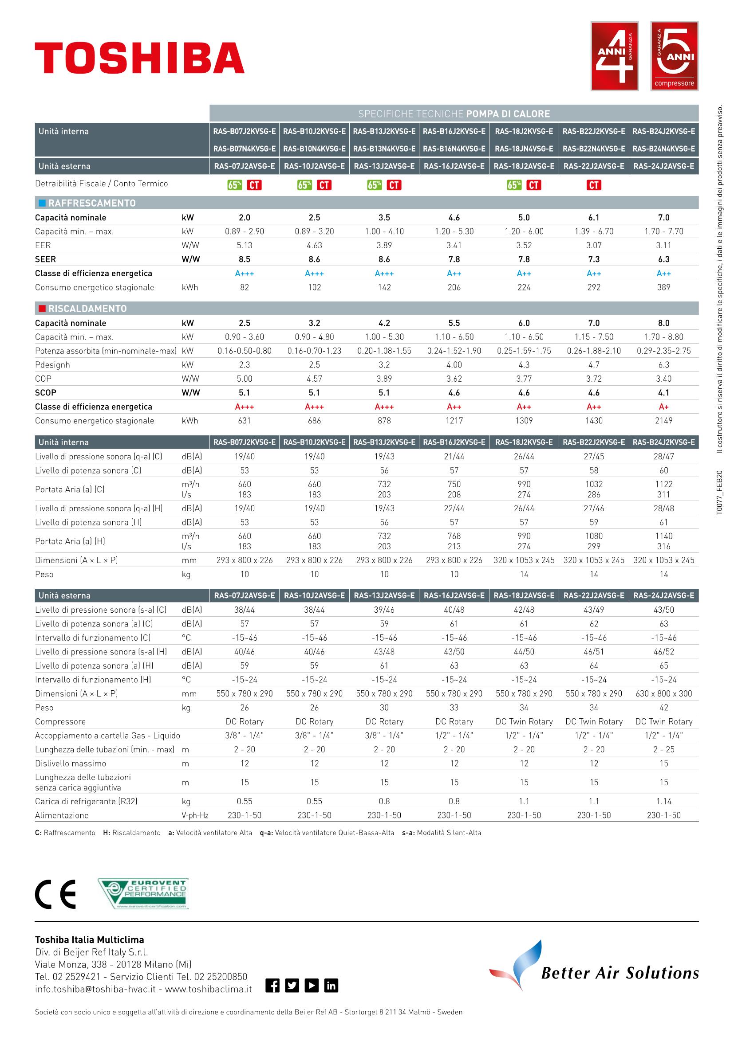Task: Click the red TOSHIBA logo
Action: (140, 58)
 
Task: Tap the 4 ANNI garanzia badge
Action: (614, 56)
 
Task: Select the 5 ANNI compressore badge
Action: (675, 56)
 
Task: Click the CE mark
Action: (55, 894)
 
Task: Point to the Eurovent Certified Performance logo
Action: (143, 893)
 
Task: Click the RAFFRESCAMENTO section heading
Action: (92, 203)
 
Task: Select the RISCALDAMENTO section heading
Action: (88, 309)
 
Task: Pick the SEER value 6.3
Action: (663, 259)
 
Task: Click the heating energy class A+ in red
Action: (663, 407)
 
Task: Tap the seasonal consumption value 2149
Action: (663, 421)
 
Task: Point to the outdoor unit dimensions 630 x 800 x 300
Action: (663, 694)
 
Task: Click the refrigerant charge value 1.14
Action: (663, 801)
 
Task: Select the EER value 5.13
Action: (245, 245)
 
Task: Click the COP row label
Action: (43, 379)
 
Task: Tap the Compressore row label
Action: (60, 722)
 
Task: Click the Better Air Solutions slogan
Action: (620, 972)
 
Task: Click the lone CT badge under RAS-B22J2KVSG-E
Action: (594, 185)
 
